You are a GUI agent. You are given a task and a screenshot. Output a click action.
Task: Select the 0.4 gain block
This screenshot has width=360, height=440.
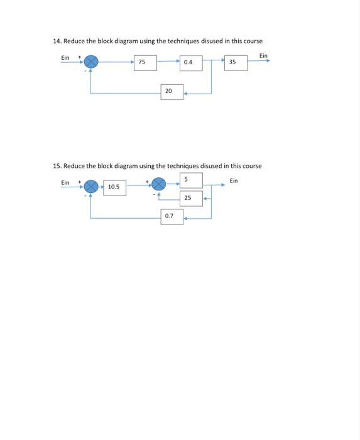(x=190, y=62)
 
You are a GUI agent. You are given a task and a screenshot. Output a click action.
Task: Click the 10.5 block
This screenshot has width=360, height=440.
(x=114, y=187)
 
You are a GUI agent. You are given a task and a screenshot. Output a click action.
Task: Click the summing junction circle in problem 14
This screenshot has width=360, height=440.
(x=92, y=62)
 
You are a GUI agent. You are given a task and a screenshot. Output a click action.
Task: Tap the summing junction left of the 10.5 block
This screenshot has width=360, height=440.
(x=92, y=186)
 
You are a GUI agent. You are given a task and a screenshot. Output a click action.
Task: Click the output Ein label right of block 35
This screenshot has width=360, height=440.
(x=263, y=56)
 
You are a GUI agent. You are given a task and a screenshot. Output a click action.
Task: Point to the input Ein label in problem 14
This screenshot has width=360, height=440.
(x=65, y=57)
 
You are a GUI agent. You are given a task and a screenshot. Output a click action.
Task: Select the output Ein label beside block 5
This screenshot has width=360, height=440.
(x=234, y=181)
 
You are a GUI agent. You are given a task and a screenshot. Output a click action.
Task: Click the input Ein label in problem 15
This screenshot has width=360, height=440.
(x=65, y=182)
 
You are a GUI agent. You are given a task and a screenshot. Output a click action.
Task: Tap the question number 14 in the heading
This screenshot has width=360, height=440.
(x=57, y=41)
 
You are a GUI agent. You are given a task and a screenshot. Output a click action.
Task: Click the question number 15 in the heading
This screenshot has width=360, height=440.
(x=57, y=166)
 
